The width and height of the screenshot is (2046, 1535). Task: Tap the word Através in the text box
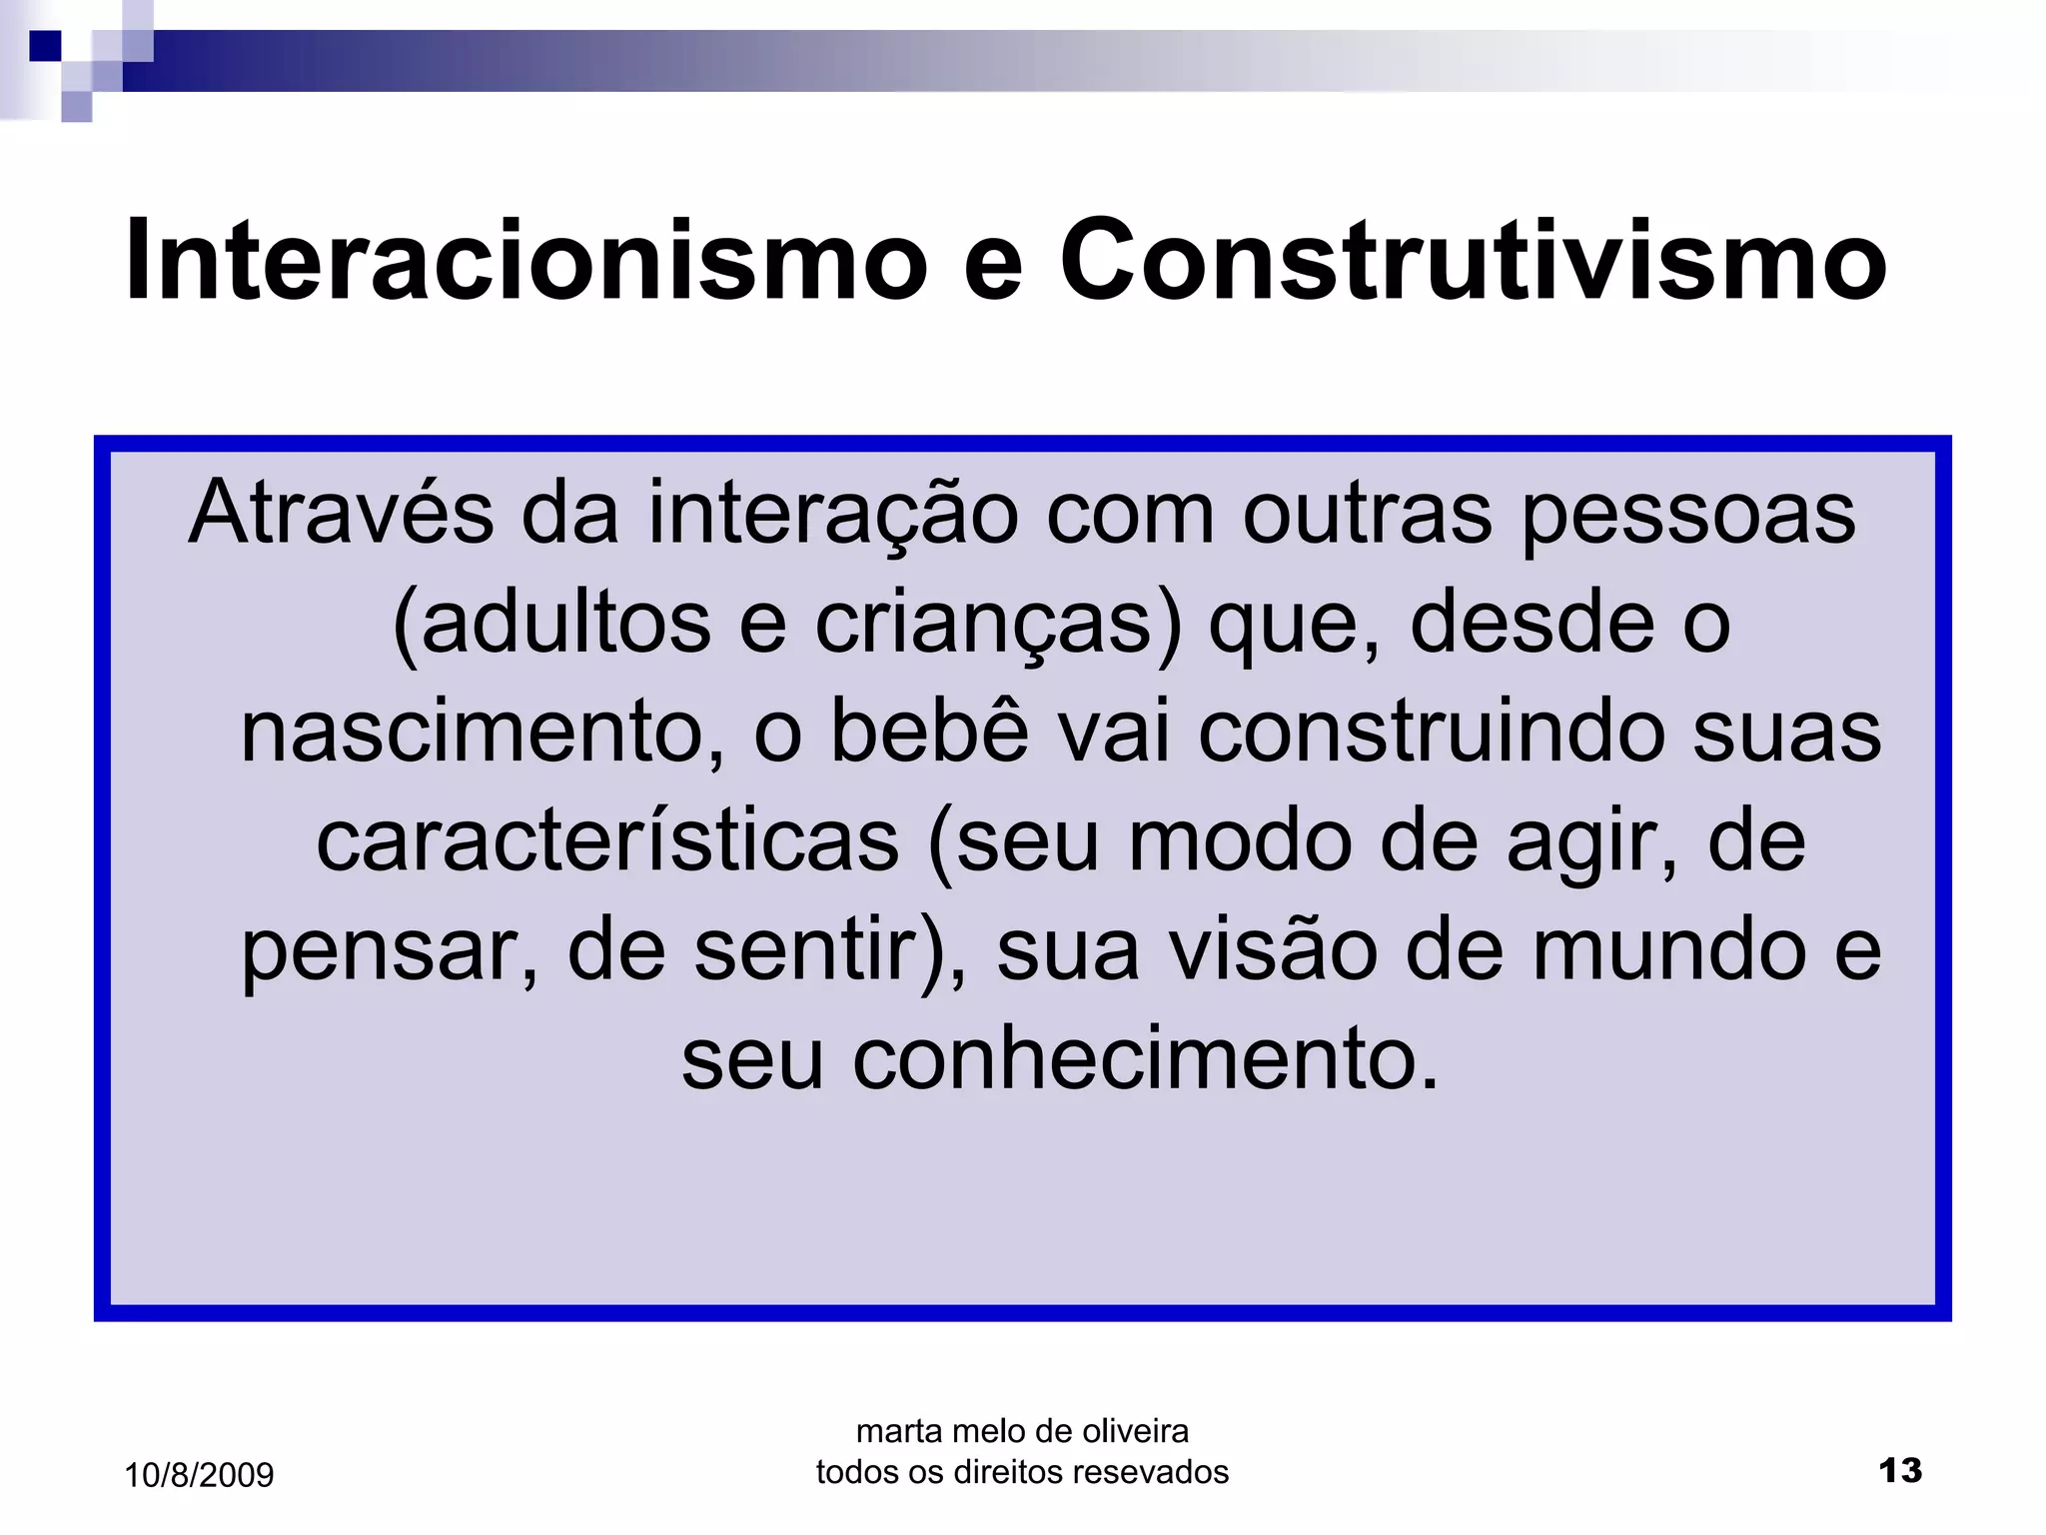click(341, 512)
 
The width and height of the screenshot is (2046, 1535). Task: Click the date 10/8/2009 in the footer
click(199, 1475)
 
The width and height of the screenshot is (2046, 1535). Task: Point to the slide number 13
click(1900, 1470)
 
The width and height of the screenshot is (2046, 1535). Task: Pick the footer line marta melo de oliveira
click(1022, 1431)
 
